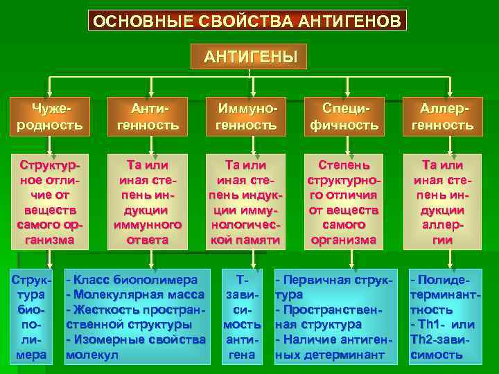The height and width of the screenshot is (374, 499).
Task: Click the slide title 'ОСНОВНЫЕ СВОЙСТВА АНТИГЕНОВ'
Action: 247,21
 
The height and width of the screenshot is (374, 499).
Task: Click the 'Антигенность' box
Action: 148,117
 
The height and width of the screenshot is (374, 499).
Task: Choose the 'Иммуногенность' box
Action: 247,117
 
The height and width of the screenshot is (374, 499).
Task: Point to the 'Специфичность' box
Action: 344,117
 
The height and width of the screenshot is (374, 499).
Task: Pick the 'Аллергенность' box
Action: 443,117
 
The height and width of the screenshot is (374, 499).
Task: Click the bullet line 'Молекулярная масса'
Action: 136,294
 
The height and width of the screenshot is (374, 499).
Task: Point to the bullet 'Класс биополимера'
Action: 132,280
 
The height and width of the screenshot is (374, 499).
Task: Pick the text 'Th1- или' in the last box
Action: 444,325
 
